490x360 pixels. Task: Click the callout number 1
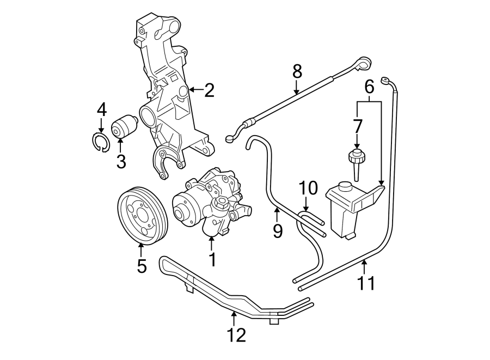212,259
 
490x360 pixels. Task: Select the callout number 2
209,90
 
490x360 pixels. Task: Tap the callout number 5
142,266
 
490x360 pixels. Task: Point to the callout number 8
297,71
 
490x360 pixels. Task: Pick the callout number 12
237,334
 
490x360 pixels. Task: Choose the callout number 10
308,188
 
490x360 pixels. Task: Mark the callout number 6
369,86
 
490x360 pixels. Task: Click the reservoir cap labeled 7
356,158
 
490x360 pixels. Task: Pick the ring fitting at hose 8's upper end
363,63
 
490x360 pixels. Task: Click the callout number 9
278,231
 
